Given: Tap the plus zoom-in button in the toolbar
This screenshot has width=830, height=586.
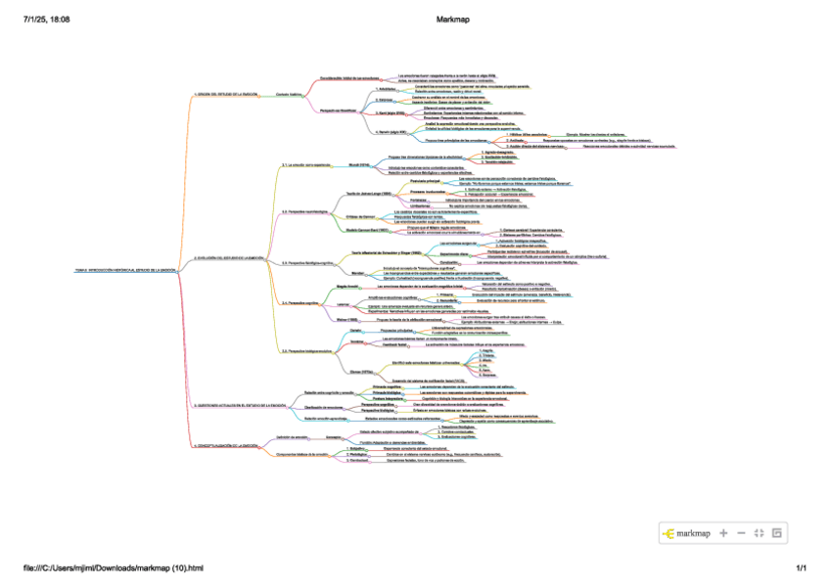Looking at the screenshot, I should point(723,533).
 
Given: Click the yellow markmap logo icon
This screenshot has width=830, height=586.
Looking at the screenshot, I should point(669,533).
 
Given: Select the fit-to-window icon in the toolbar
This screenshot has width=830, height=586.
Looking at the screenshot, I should point(759,533).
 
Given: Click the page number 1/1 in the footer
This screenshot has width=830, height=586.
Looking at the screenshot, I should point(800,567).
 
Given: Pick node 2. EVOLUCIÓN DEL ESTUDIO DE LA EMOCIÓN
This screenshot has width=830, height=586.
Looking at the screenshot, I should point(229,257).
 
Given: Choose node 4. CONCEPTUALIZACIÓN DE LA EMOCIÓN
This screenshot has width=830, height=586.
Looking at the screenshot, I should point(231,445).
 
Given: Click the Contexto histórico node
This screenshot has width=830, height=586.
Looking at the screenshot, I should point(292,94).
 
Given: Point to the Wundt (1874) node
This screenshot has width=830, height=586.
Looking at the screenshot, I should point(359,165).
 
